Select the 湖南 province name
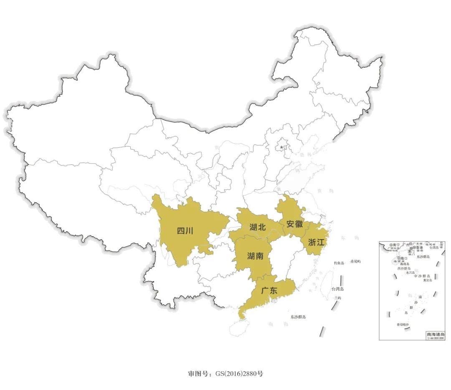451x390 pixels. pos(255,256)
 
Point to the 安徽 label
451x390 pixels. pos(294,223)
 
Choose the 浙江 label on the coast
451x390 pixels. pos(316,242)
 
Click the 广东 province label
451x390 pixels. pos(269,290)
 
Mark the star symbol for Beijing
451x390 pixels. pos(281,147)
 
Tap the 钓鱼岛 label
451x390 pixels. pos(339,263)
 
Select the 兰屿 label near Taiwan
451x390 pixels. pos(337,298)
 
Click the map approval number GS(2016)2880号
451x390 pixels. pos(225,374)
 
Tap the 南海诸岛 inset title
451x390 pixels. pos(436,334)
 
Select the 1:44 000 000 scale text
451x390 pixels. pos(435,338)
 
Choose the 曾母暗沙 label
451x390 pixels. pos(403,325)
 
